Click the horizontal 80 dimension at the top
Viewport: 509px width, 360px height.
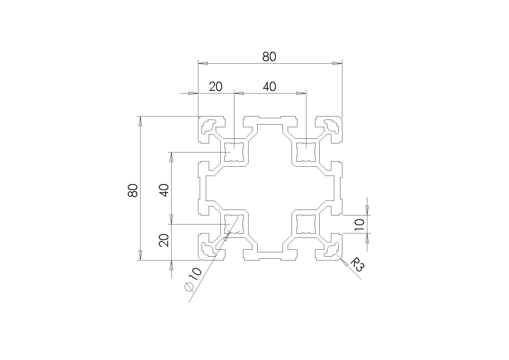coord(269,57)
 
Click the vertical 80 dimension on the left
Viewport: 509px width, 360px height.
coord(133,190)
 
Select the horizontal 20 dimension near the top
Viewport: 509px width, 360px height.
coord(216,87)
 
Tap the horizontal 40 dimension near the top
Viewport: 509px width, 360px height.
coord(269,87)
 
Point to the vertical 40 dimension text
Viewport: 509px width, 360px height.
coord(164,190)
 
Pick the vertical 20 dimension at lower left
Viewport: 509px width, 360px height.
coord(164,240)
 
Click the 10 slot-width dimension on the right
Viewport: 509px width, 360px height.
coord(359,225)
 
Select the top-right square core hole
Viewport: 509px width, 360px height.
coord(306,152)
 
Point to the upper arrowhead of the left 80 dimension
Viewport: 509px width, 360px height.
coord(141,121)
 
